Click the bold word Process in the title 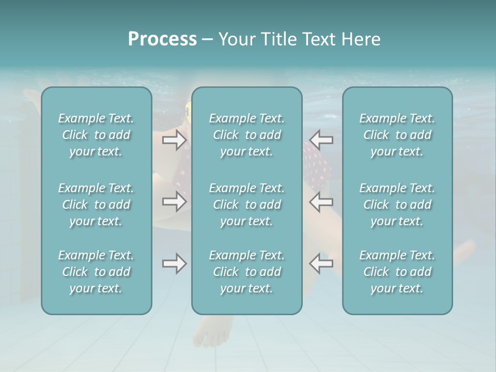click(162, 39)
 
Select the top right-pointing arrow click(174, 139)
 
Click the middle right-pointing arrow click(174, 201)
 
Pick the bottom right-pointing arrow click(174, 263)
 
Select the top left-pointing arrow click(321, 139)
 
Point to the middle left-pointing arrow click(321, 201)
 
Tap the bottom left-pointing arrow click(321, 263)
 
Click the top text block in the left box click(96, 135)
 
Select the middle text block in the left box click(96, 204)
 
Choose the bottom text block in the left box click(96, 272)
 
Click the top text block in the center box click(246, 135)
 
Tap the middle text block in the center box click(246, 204)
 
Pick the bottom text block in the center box click(246, 272)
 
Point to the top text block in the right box click(397, 135)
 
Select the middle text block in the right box click(397, 204)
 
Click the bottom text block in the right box click(397, 272)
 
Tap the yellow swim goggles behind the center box click(189, 110)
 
